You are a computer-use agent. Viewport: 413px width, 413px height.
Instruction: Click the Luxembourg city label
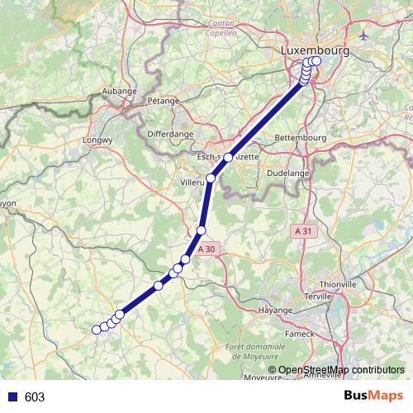[x=315, y=50]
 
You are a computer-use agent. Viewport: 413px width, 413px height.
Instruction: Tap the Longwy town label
[x=99, y=140]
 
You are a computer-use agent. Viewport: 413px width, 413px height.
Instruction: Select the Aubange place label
[x=117, y=91]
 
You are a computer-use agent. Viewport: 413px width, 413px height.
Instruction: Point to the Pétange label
[x=163, y=100]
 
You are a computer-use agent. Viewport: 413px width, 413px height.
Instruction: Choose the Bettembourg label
[x=300, y=136]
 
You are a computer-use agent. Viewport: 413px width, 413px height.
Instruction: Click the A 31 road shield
[x=305, y=232]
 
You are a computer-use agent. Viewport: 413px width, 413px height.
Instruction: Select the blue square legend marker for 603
[x=13, y=397]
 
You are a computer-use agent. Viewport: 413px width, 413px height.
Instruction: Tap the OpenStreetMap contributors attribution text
[x=340, y=370]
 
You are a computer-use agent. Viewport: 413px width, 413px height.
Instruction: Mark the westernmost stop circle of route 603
[x=96, y=330]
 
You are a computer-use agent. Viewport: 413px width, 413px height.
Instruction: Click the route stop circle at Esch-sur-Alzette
[x=229, y=157]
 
